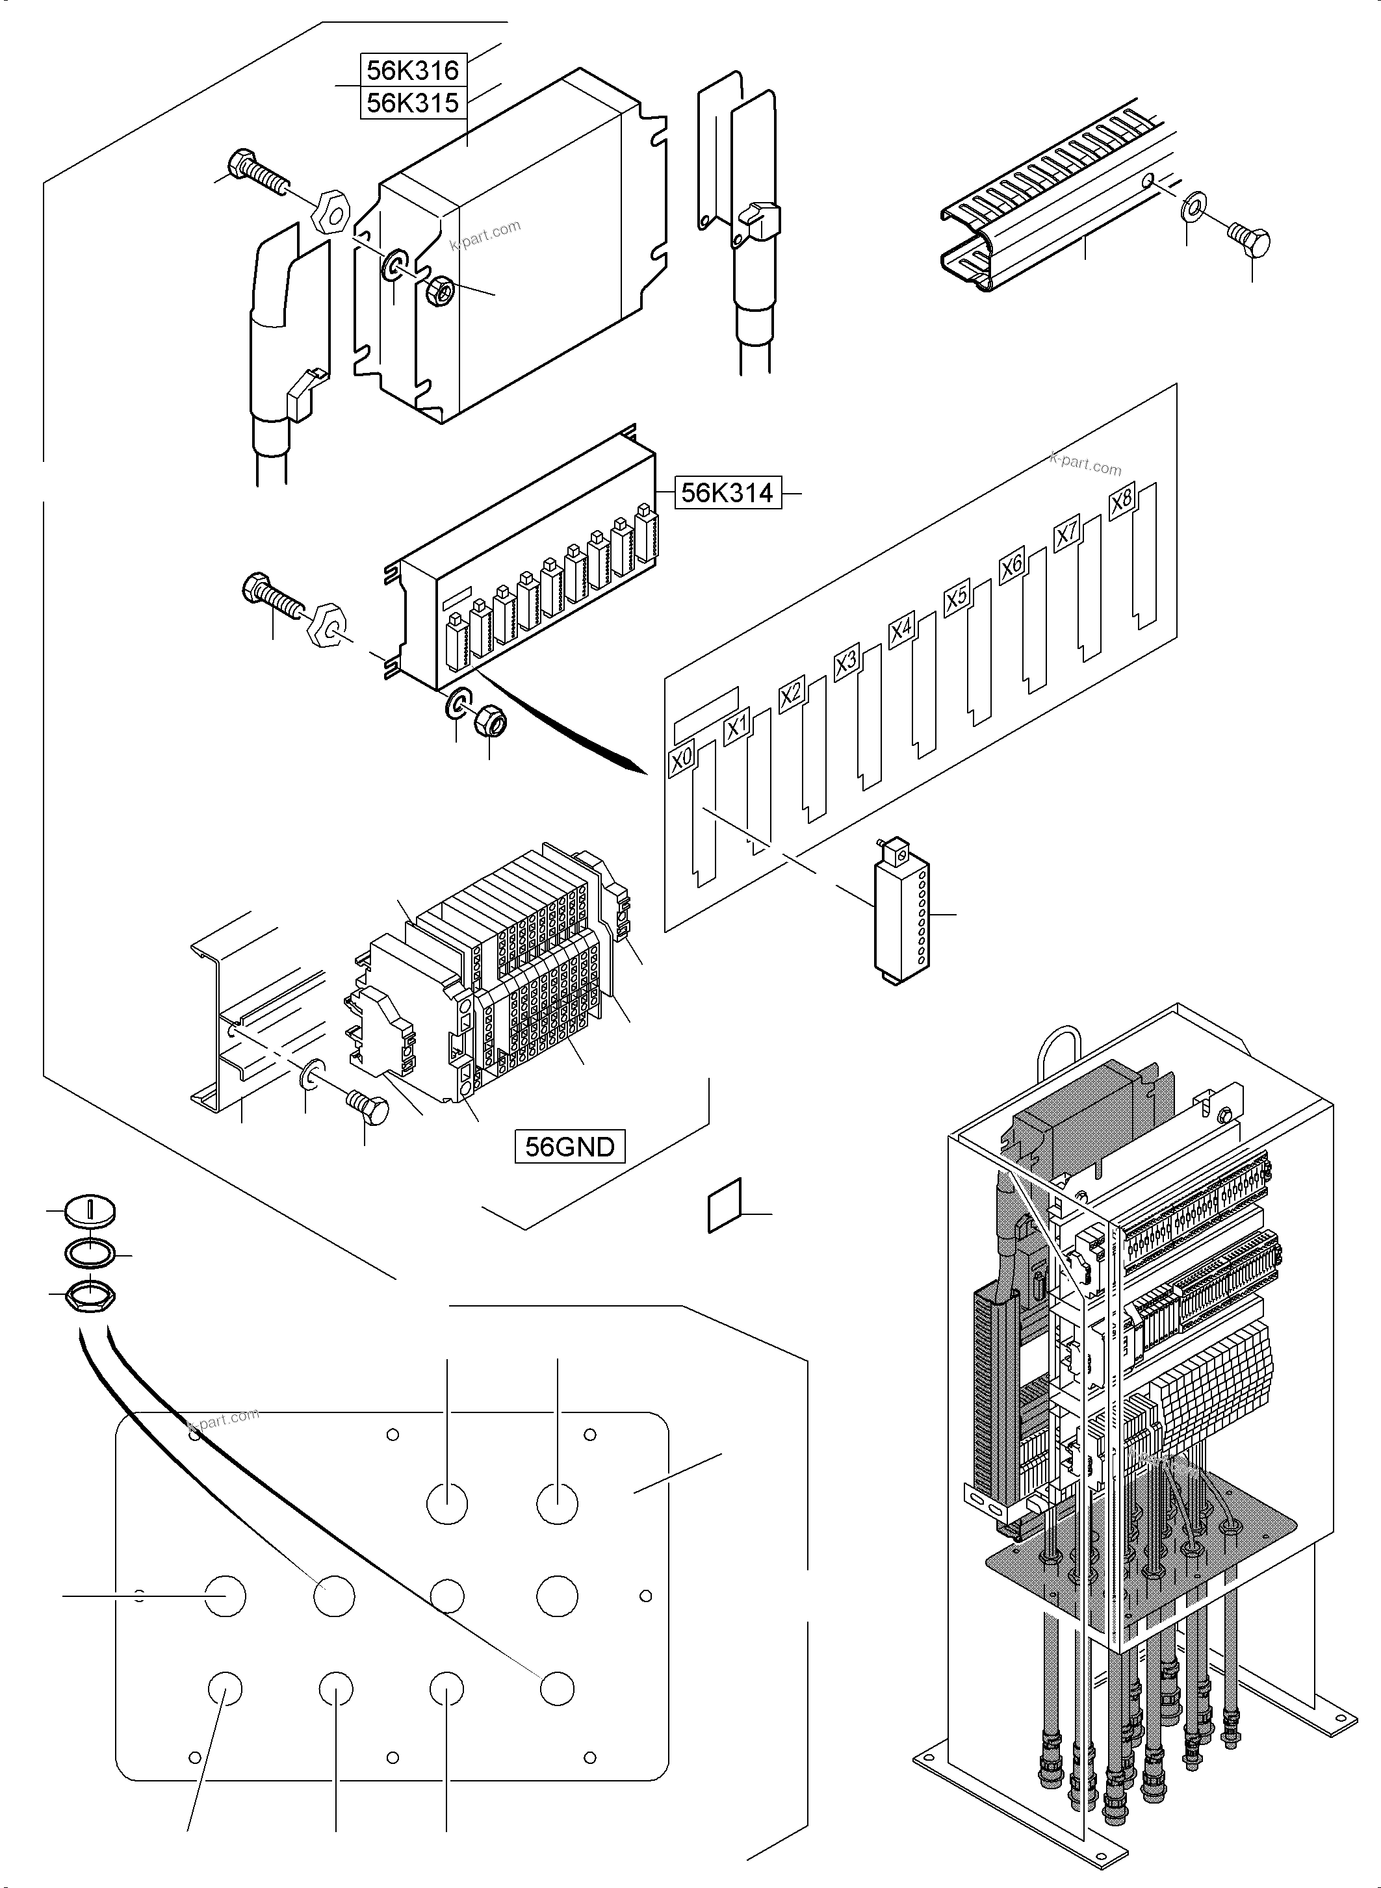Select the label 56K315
pos(413,103)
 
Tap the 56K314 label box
pos(727,493)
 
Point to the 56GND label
pos(569,1146)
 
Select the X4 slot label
pos(901,630)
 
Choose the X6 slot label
pos(1011,566)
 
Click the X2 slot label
pos(791,695)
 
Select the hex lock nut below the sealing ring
pos(90,1295)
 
